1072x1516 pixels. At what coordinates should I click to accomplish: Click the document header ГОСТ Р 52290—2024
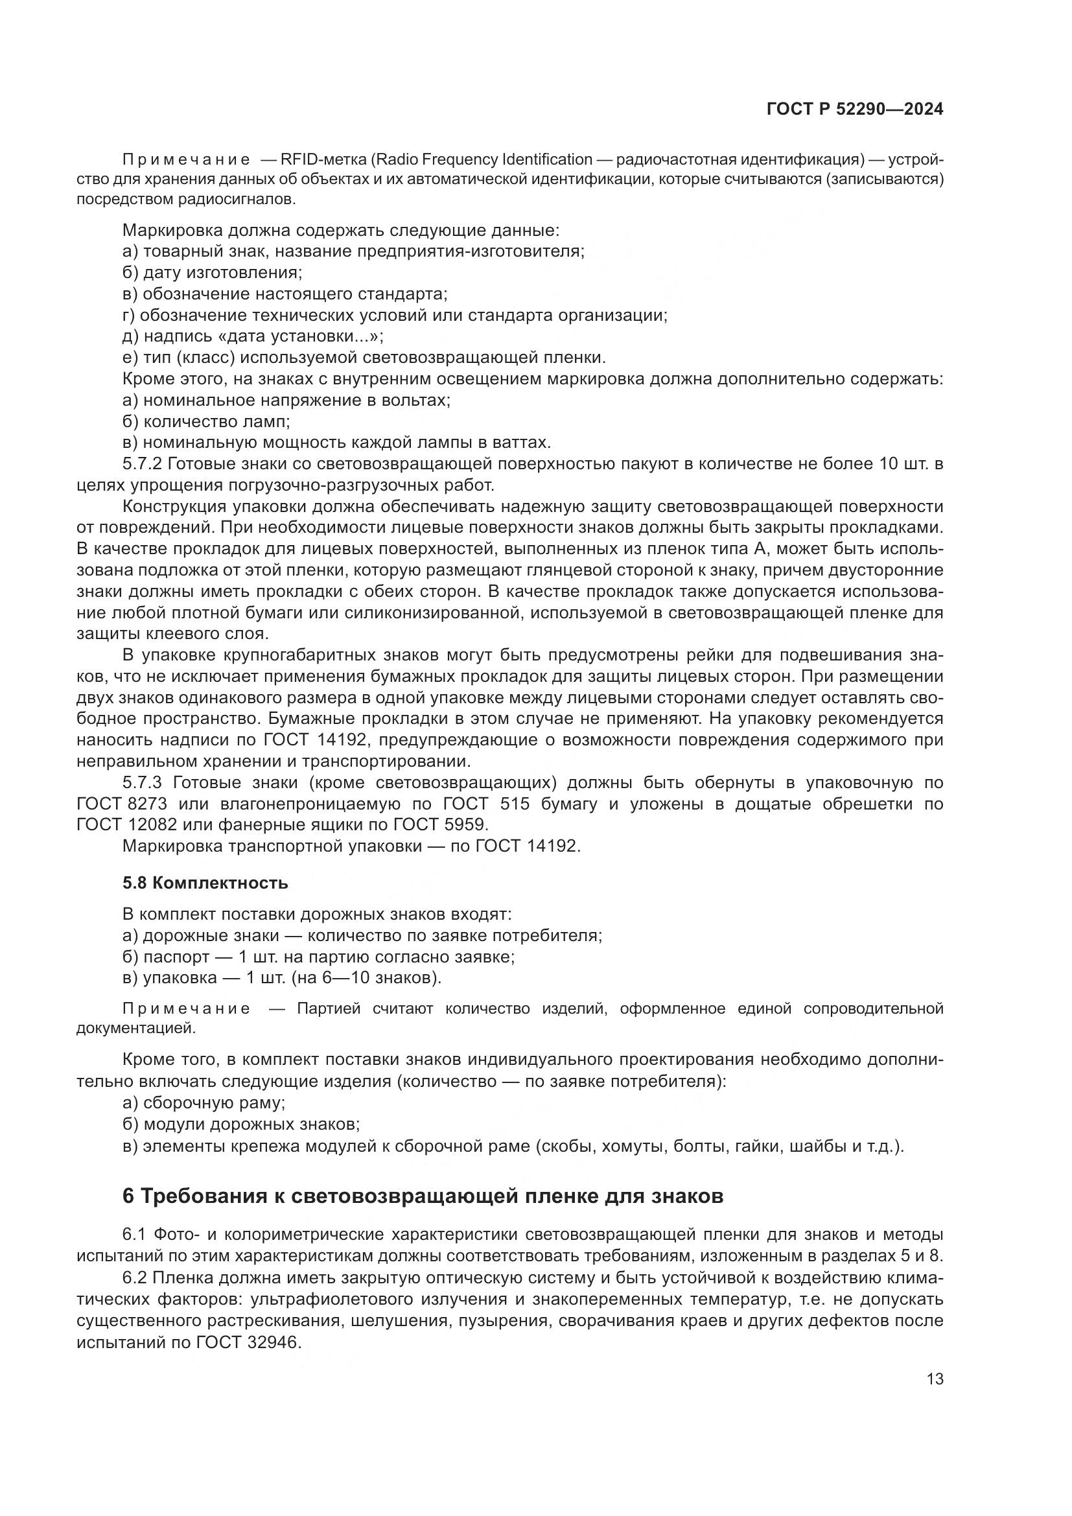tap(854, 110)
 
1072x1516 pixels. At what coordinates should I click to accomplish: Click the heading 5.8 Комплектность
tap(205, 883)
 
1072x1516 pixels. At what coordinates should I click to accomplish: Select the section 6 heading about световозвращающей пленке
tap(423, 1196)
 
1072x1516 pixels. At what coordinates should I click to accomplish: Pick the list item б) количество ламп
tap(206, 421)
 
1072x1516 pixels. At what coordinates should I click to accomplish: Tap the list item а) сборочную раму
tap(204, 1102)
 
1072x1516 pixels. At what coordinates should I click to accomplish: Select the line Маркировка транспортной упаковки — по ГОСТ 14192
tap(351, 846)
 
